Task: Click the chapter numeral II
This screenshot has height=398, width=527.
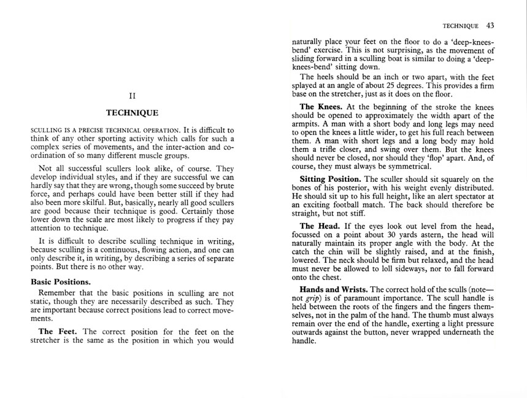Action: pyautogui.click(x=131, y=96)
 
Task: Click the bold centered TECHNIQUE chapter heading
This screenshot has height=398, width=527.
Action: pyautogui.click(x=132, y=113)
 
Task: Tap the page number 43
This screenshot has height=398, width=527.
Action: pyautogui.click(x=490, y=26)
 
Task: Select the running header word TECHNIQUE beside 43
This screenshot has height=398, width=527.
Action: pyautogui.click(x=460, y=26)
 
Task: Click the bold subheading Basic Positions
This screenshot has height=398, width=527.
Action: pyautogui.click(x=65, y=282)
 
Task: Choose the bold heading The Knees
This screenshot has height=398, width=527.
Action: pyautogui.click(x=321, y=107)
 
